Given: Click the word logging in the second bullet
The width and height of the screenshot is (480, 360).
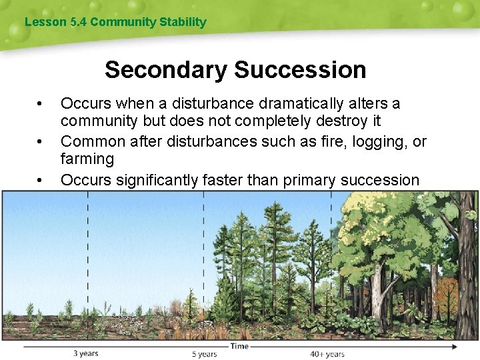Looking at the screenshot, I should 374,141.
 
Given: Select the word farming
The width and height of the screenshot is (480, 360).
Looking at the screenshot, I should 87,159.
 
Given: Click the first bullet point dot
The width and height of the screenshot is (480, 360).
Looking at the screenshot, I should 41,104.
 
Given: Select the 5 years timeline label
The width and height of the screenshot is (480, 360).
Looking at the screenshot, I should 204,354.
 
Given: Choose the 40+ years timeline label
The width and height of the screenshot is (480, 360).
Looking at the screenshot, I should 327,354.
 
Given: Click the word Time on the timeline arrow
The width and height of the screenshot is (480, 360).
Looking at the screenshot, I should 239,346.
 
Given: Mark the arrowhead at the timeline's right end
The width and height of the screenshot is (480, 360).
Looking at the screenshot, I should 455,347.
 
